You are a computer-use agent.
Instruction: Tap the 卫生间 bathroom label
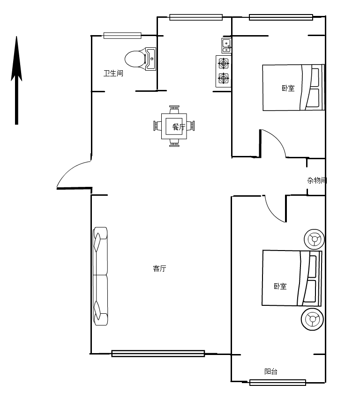[113, 73]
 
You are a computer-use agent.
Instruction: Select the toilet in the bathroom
[140, 59]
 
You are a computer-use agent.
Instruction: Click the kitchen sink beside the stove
[226, 45]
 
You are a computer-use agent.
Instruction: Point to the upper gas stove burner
[224, 63]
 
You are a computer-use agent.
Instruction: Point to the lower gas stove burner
[224, 78]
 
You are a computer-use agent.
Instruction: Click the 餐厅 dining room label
[178, 126]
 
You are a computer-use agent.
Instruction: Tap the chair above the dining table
[174, 110]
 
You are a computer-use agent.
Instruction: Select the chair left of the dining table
[157, 126]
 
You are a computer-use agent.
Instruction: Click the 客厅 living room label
[159, 268]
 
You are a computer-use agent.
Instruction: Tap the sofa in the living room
[100, 276]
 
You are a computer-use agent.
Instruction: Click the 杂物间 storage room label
[317, 180]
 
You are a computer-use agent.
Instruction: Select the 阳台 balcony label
[270, 371]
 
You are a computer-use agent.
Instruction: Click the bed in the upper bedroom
[293, 87]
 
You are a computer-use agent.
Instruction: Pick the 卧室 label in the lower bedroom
[280, 286]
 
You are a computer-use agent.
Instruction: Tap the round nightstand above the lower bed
[315, 239]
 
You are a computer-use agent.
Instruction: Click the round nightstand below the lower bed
[312, 319]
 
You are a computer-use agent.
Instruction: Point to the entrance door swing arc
[69, 169]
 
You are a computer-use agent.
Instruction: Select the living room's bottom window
[158, 354]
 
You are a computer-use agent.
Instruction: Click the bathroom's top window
[122, 36]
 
